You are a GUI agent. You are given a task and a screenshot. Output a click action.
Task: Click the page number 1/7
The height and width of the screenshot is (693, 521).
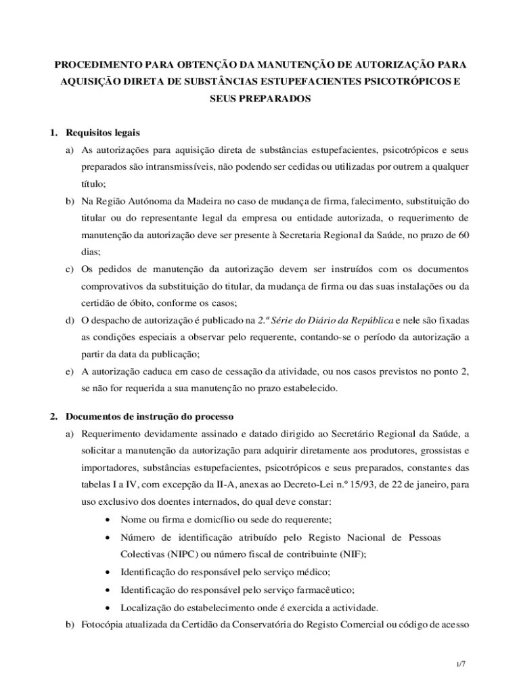coord(460,664)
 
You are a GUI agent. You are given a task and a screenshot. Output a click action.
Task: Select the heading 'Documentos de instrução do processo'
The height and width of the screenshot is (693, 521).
coord(150,415)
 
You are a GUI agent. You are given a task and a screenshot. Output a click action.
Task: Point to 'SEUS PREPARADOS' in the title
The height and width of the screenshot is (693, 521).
coord(260,98)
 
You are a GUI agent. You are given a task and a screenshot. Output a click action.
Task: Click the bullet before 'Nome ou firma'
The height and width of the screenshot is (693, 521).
coord(108,520)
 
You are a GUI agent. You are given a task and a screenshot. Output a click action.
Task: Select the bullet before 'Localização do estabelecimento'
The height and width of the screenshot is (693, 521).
coord(108,606)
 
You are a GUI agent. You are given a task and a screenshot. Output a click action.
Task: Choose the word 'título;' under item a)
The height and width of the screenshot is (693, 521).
coord(94,183)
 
